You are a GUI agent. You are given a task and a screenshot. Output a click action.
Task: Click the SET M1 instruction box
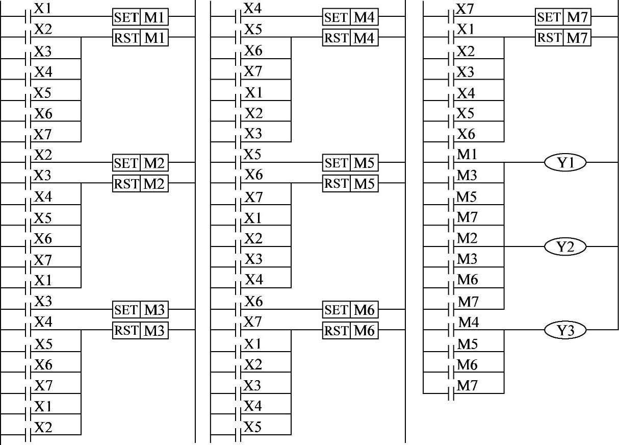pos(140,17)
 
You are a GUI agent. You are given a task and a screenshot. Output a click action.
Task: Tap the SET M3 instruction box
pos(140,309)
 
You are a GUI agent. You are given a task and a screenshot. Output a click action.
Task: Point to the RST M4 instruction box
pos(350,38)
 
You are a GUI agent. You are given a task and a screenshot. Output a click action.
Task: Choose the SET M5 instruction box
pos(350,163)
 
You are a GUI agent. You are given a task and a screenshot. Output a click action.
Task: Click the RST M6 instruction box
pos(350,331)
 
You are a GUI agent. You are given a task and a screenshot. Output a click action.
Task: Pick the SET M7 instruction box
pos(563,17)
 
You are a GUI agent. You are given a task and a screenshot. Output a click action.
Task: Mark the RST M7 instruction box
pos(563,38)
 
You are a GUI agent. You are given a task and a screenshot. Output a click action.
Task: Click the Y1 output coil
pos(564,163)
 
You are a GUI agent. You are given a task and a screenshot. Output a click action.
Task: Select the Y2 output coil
pos(564,247)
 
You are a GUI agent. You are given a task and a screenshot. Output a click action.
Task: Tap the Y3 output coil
pos(564,331)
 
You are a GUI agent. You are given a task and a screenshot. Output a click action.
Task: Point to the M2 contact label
pos(467,238)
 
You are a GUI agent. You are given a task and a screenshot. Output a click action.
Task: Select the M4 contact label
pos(469,322)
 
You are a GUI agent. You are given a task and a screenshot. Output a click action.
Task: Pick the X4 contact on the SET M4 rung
pos(238,16)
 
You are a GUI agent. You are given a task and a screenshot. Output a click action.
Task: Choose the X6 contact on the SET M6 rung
pos(238,309)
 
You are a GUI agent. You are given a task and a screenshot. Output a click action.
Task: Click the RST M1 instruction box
pos(140,38)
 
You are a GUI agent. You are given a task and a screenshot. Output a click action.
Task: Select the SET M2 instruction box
pos(140,163)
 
